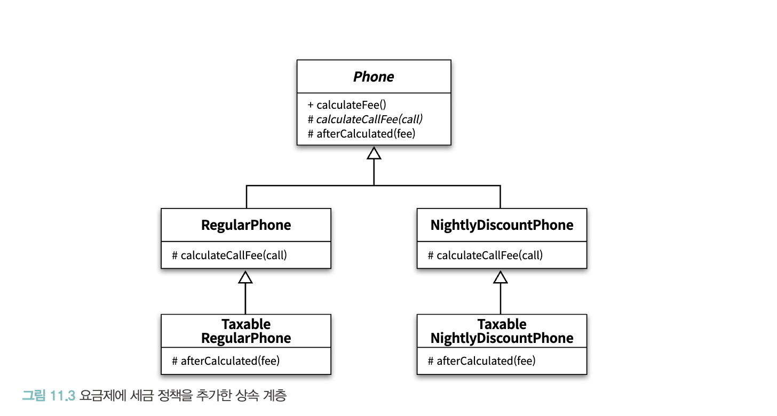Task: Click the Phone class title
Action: point(374,77)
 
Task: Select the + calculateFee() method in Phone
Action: point(346,105)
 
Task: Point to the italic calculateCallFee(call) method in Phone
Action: point(365,119)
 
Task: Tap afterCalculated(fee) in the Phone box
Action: point(361,134)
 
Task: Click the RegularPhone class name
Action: point(246,225)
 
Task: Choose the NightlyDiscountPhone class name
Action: point(502,225)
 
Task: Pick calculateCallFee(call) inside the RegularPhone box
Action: point(229,255)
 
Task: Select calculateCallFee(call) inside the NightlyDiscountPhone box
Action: point(485,255)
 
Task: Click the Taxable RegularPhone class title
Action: point(246,331)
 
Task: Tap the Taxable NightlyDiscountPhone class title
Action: point(502,331)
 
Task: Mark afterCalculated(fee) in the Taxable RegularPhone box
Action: point(226,361)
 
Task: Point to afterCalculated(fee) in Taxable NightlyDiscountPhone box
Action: point(481,361)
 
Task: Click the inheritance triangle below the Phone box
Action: point(374,153)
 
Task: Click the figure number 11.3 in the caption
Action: point(62,396)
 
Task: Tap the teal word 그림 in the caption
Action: point(34,396)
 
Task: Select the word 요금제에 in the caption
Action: point(102,396)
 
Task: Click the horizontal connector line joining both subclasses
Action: point(373,186)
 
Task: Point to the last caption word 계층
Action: point(275,396)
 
